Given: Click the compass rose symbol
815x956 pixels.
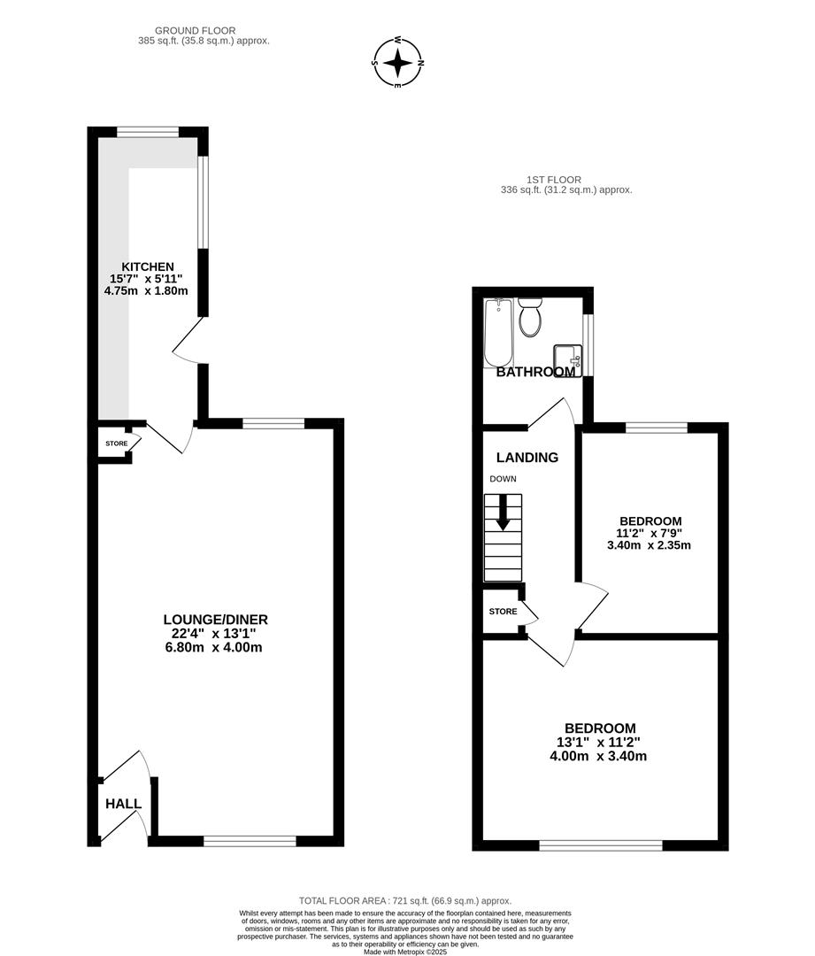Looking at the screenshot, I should (x=398, y=63).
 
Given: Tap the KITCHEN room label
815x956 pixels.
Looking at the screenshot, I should (x=148, y=266).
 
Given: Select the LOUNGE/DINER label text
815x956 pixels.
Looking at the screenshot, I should (x=215, y=620).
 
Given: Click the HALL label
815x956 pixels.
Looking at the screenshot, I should (x=123, y=804).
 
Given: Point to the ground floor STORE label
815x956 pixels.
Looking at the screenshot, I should (x=117, y=443).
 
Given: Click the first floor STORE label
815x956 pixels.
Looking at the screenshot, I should (x=503, y=611).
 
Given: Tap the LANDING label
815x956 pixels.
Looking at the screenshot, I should (x=527, y=458).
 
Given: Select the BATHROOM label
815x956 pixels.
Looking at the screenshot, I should (x=535, y=373).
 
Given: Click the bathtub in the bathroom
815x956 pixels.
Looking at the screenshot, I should (x=499, y=333).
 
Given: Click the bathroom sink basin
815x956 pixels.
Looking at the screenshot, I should (x=567, y=357).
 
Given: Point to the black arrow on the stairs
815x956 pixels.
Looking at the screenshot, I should (x=503, y=513).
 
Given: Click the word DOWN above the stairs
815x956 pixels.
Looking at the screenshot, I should (x=503, y=479).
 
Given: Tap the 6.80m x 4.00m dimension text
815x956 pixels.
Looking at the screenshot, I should (x=215, y=647).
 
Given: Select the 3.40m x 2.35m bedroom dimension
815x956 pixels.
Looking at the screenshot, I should (x=649, y=545).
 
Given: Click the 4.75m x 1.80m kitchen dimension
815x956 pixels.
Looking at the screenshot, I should (x=148, y=290).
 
